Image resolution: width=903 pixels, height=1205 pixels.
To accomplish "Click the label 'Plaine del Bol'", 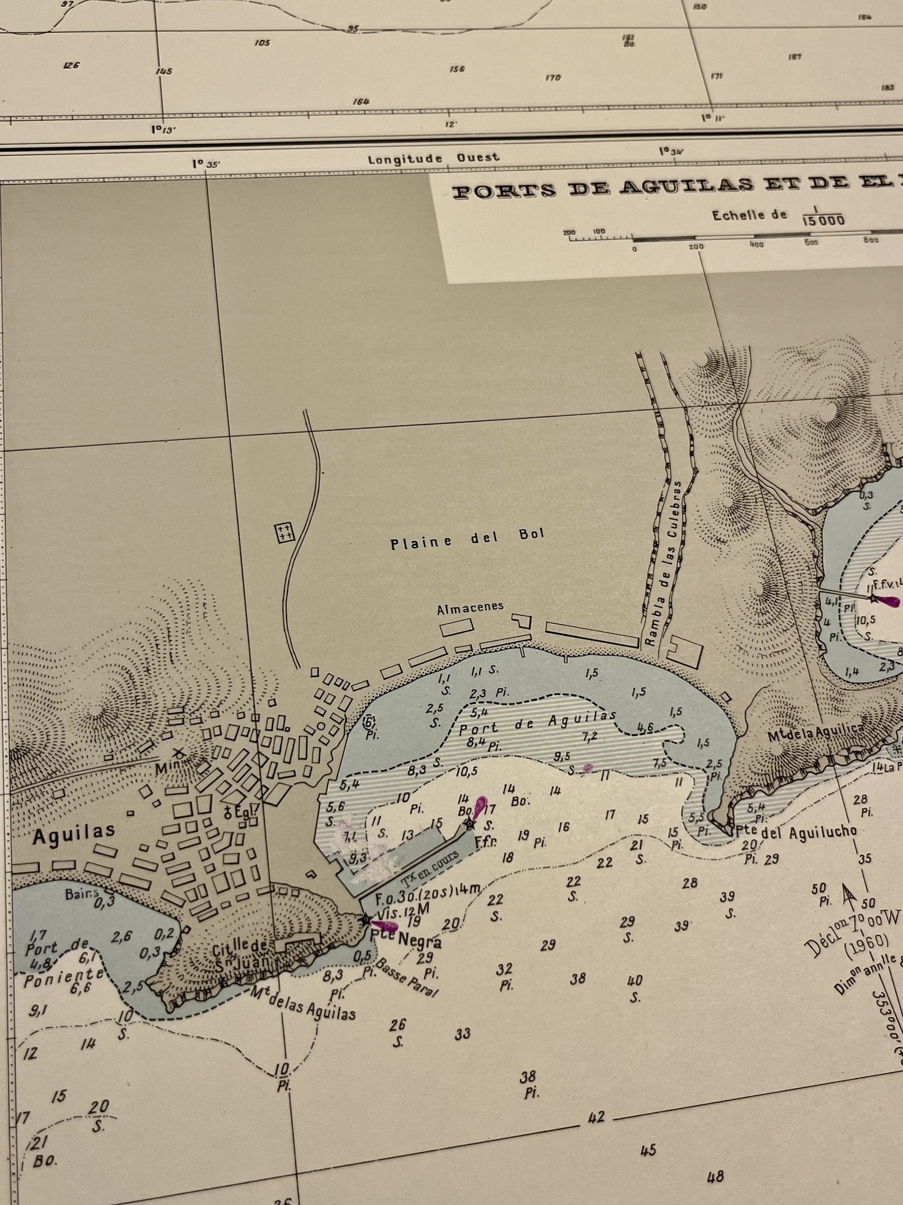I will [467, 538].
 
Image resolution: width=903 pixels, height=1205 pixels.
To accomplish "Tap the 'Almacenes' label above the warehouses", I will [470, 608].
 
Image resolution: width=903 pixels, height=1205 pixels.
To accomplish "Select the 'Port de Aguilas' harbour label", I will [537, 722].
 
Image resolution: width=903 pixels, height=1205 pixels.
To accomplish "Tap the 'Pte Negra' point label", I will [406, 939].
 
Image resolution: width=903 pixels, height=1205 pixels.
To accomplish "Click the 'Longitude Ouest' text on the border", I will [433, 158].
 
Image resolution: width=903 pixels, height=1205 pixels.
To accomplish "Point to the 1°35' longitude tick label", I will [206, 164].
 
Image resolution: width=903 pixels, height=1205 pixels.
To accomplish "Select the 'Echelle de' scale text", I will [749, 214].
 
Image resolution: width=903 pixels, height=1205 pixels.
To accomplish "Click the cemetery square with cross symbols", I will [285, 533].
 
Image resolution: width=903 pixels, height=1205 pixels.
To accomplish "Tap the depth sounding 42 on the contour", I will [596, 1117].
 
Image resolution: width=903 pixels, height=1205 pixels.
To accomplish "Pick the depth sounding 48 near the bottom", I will [715, 1177].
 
